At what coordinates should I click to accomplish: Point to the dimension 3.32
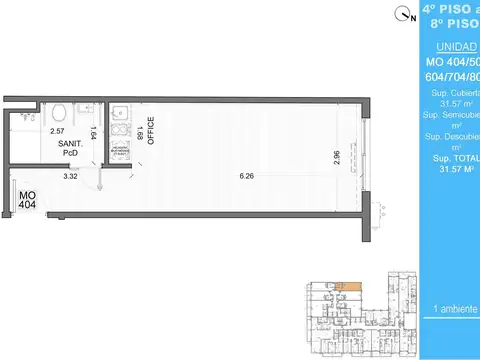click(70, 177)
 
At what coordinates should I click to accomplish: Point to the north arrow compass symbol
click(402, 13)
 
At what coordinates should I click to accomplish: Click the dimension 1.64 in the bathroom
click(92, 132)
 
